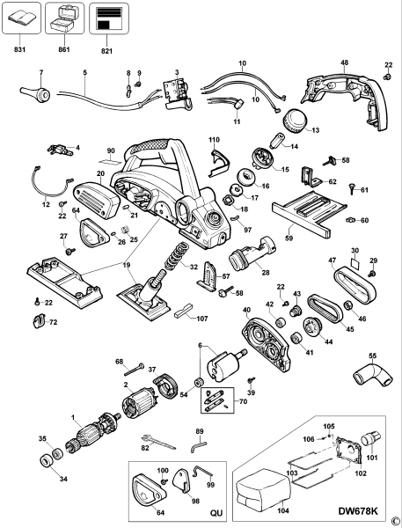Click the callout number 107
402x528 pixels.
[201, 318]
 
